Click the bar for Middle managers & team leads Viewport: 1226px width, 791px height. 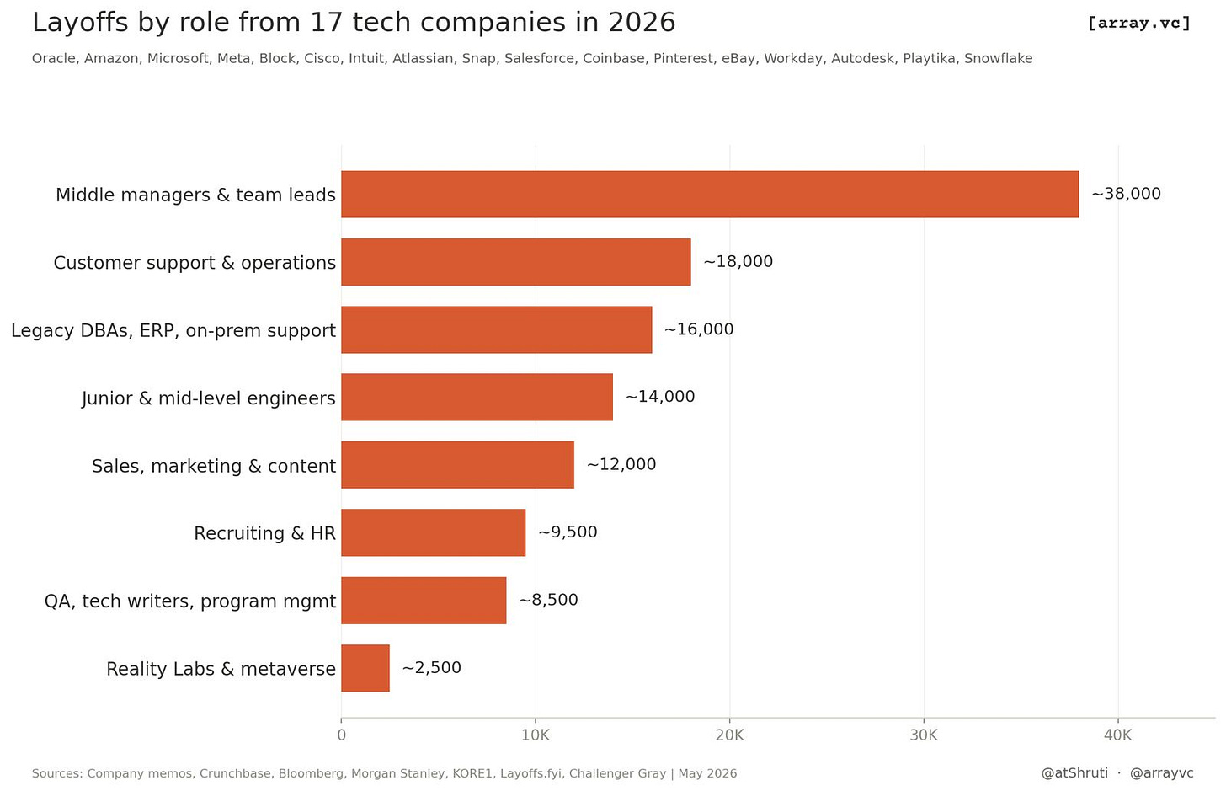[710, 195]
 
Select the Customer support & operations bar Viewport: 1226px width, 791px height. [516, 262]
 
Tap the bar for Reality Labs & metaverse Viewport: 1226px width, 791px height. [365, 668]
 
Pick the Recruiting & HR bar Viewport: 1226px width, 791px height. [434, 532]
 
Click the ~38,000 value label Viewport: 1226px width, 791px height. [1126, 194]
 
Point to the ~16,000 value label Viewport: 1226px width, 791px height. [698, 329]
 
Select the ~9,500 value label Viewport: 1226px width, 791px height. [568, 532]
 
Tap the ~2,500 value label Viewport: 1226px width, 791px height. [431, 668]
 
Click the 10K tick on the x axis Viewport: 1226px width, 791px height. [536, 735]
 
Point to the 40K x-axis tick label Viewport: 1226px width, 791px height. [1117, 735]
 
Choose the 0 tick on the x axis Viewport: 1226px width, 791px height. [342, 735]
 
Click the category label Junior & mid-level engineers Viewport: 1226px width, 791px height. [209, 398]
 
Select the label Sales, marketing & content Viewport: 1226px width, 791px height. [214, 466]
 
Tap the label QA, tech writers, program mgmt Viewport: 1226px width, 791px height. [190, 601]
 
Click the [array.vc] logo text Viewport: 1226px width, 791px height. [1139, 23]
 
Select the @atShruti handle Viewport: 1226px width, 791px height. [1074, 773]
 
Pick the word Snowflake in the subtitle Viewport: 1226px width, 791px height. [999, 59]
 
